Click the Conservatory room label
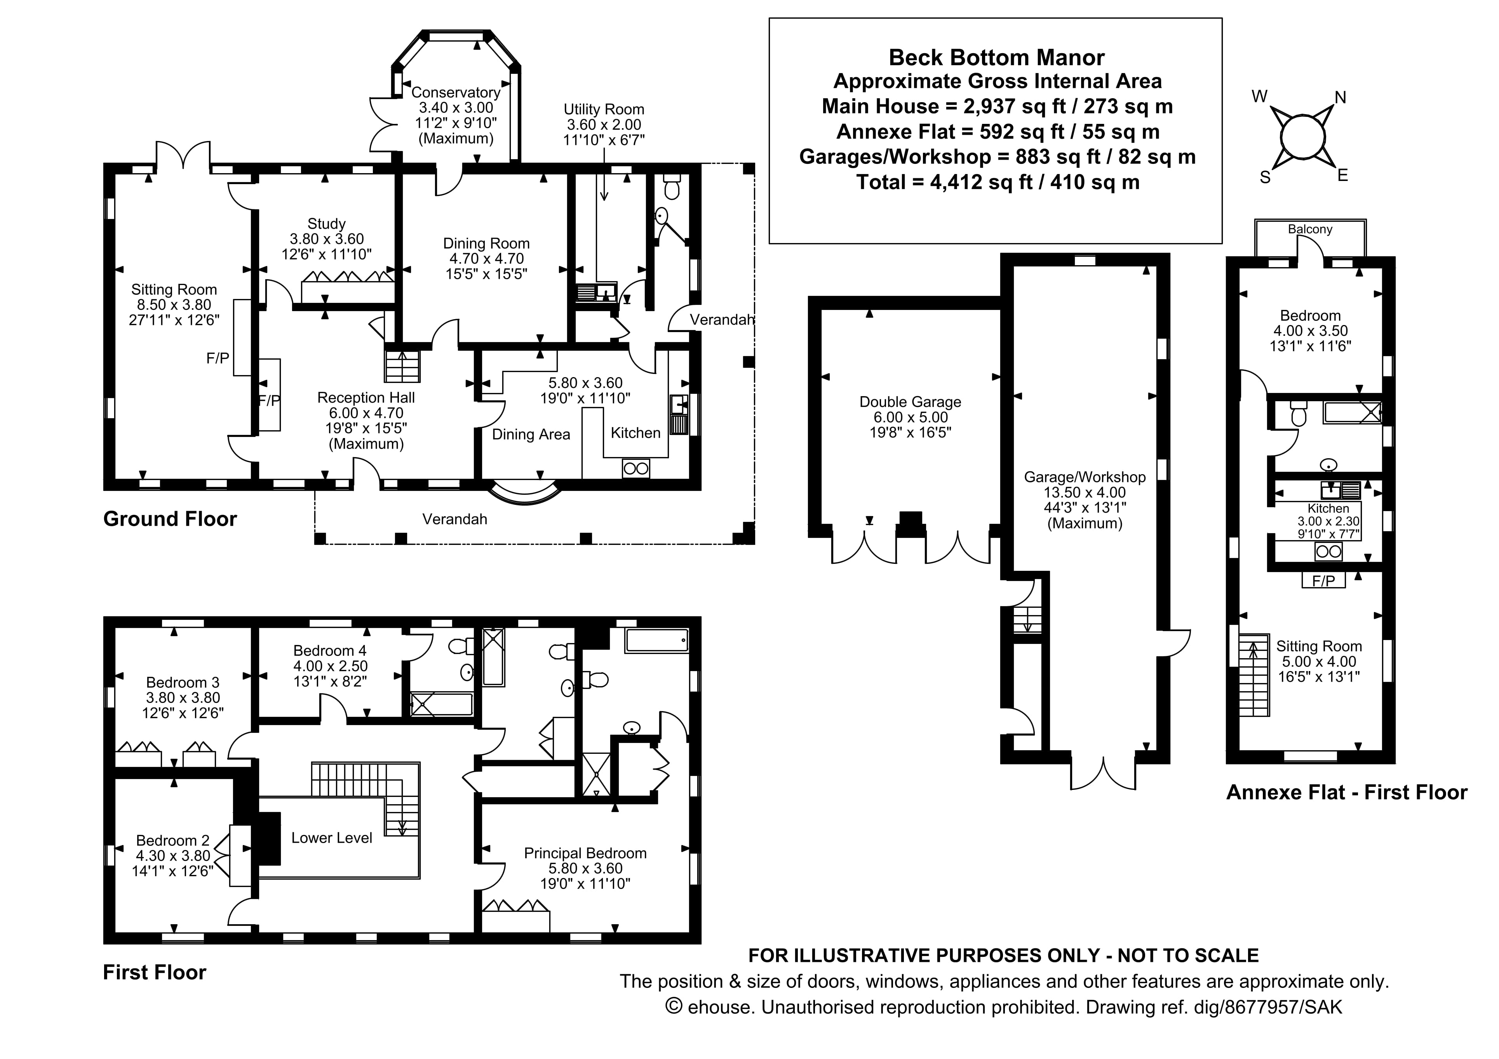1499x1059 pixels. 456,93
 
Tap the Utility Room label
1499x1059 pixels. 604,109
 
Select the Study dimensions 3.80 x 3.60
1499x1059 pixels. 326,239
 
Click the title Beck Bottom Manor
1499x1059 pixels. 996,57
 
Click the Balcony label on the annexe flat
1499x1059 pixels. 1310,229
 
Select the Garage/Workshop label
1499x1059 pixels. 1085,477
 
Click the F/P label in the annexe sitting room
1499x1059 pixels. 1323,581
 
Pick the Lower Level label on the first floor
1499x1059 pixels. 332,838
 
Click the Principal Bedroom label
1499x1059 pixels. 585,853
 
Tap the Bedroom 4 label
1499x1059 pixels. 330,650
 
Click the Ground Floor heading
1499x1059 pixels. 170,519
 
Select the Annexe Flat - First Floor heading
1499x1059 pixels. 1346,793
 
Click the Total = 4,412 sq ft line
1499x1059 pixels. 998,182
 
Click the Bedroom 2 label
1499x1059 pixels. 172,840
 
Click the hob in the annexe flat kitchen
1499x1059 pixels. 1328,552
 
